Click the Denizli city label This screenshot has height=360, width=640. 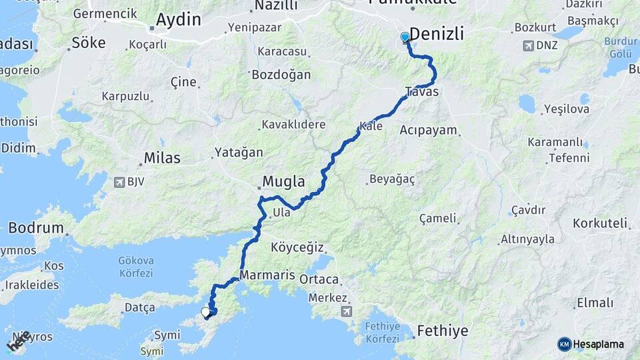coord(437,35)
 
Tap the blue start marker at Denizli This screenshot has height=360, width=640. coord(405,37)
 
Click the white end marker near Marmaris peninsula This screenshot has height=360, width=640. coord(206,311)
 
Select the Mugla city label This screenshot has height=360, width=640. coord(283,181)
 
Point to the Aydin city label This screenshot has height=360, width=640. coord(178,20)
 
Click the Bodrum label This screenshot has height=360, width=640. coord(36,229)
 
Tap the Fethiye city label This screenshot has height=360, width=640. coord(442,331)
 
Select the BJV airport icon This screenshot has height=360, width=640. coord(119,181)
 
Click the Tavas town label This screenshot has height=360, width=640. coord(421,92)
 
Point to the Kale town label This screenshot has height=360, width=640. coord(371,126)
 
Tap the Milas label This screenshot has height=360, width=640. coord(161,159)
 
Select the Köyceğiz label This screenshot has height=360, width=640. coord(297,248)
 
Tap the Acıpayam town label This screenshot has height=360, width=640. coord(427,130)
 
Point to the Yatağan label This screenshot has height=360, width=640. coord(239,153)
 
